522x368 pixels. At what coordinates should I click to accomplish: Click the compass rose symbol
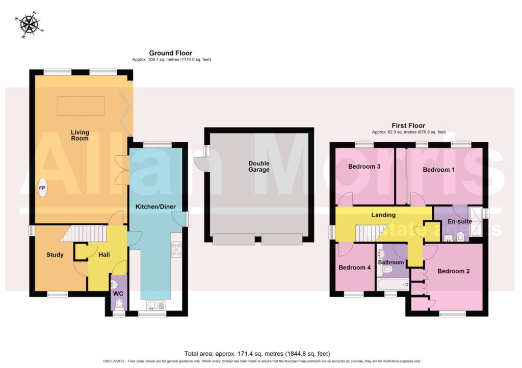tap(29, 24)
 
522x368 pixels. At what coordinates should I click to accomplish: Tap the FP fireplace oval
tap(42, 188)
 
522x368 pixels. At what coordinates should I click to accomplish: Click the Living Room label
tap(80, 136)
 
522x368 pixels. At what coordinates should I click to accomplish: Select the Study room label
tap(55, 255)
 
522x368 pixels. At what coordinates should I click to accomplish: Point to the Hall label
tap(104, 255)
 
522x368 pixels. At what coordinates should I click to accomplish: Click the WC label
tap(118, 294)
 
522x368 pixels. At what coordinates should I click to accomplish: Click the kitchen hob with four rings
tap(176, 250)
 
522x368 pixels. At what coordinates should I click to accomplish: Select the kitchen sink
tap(156, 305)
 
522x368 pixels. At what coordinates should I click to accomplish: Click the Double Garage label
tap(258, 166)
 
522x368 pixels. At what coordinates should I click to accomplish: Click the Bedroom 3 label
tap(364, 166)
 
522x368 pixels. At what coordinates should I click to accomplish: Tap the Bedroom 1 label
tap(438, 170)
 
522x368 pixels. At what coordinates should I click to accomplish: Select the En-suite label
tap(459, 221)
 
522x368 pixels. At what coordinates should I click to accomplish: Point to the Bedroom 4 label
tap(355, 268)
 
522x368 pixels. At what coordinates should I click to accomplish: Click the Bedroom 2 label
tap(453, 271)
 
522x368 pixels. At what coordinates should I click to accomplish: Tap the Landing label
tap(383, 215)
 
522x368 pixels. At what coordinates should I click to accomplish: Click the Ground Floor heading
tap(170, 53)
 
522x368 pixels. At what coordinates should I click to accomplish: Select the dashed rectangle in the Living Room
tap(81, 106)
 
